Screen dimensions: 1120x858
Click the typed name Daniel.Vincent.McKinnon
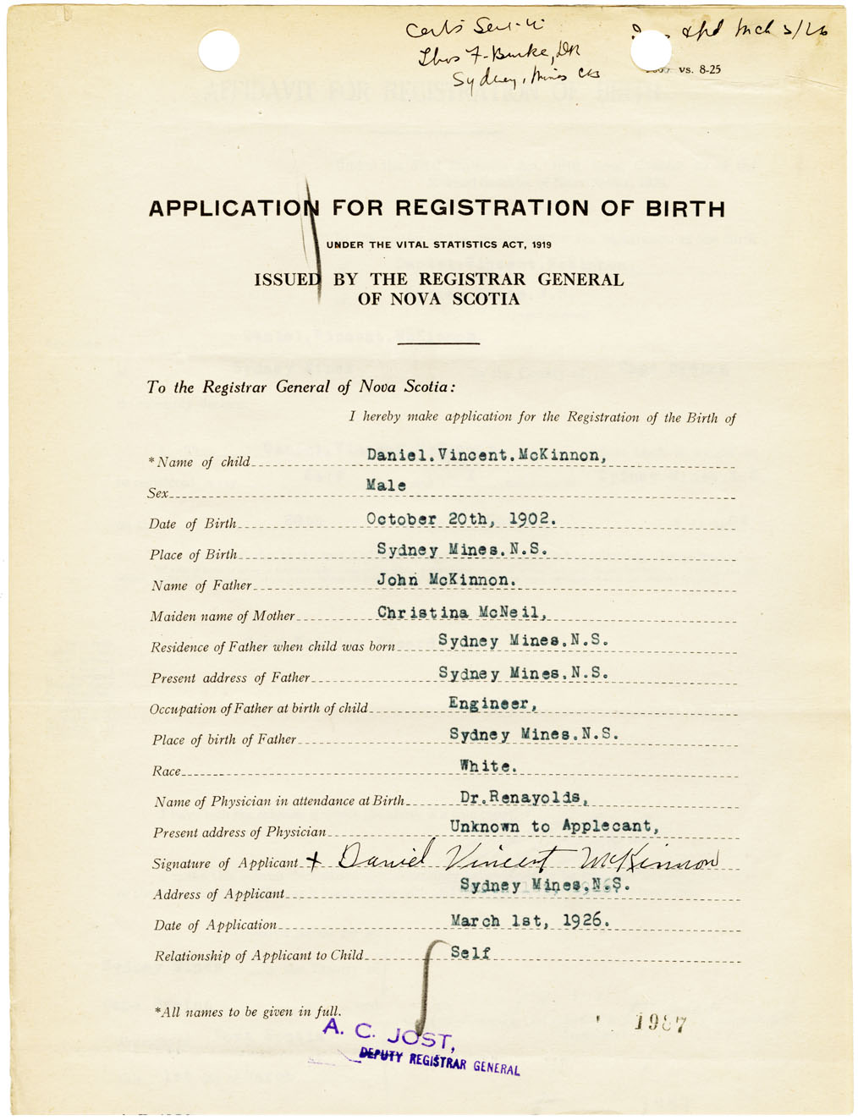coord(487,455)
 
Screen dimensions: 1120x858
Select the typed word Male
coord(386,486)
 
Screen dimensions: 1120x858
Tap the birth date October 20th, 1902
coord(461,519)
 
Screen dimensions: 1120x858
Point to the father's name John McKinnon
coord(446,580)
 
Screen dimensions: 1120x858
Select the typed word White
coord(487,766)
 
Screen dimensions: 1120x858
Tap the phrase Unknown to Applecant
coord(554,826)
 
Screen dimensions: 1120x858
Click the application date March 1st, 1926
coord(530,920)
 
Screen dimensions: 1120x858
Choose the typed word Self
coord(470,953)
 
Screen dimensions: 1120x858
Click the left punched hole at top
coord(218,51)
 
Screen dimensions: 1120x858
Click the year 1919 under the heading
coord(542,245)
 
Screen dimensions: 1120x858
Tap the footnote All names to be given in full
coord(248,1012)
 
